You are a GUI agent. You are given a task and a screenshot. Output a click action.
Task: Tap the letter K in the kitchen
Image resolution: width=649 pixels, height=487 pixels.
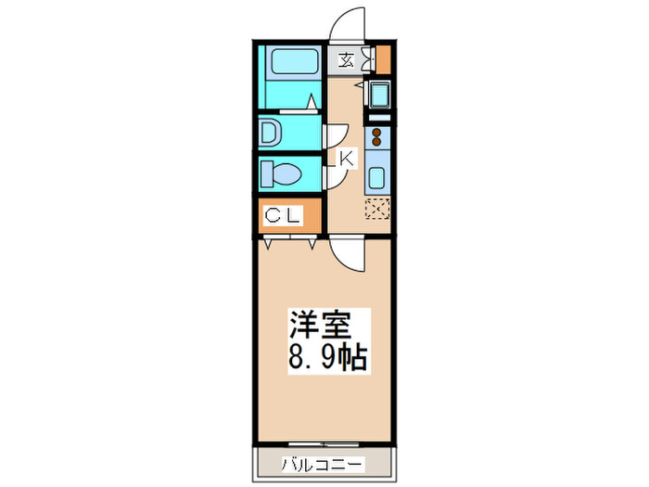point(346,159)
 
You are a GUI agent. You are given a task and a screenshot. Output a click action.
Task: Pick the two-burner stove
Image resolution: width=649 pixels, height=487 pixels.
point(378,139)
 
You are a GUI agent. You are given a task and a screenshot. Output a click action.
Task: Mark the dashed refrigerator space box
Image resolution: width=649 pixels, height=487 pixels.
point(378,209)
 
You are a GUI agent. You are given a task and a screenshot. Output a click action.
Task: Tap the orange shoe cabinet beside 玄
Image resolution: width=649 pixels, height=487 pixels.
point(383,60)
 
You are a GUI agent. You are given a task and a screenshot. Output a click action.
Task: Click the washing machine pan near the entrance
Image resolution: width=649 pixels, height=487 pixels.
point(379,96)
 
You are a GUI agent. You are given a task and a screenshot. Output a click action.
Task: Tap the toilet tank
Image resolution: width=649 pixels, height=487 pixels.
point(266,173)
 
